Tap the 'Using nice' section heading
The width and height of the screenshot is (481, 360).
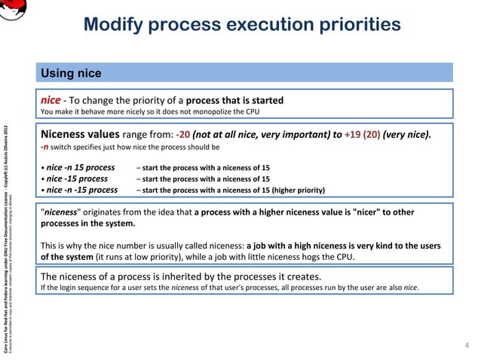[71, 74]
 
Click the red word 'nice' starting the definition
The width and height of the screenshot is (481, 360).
[50, 99]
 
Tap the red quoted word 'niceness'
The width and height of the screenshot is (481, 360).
[61, 212]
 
